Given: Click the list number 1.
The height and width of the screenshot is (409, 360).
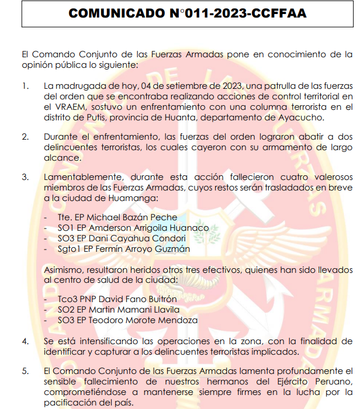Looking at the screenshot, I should click(25, 86).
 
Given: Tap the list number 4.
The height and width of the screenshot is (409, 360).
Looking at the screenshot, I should click(25, 341).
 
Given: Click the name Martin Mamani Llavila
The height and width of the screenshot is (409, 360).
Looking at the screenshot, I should click(133, 310).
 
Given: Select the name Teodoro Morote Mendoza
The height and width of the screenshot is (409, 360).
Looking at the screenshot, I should click(142, 320).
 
